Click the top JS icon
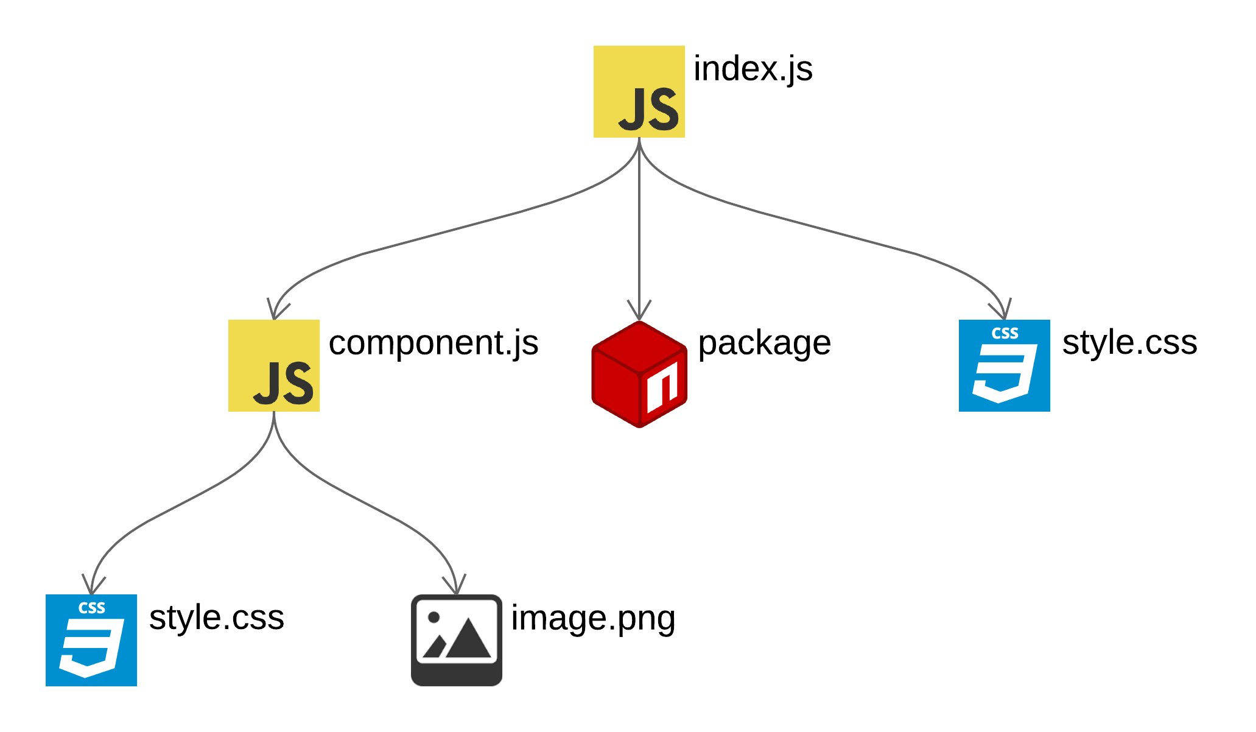[639, 91]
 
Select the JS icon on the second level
[274, 365]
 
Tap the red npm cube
[639, 374]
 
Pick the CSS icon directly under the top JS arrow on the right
[1005, 365]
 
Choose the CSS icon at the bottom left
[91, 640]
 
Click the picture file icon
[457, 640]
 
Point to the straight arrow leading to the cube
[639, 231]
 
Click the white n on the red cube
[662, 387]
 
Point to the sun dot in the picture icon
[434, 617]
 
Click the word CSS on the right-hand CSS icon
[1005, 334]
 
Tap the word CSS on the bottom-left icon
[91, 608]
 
